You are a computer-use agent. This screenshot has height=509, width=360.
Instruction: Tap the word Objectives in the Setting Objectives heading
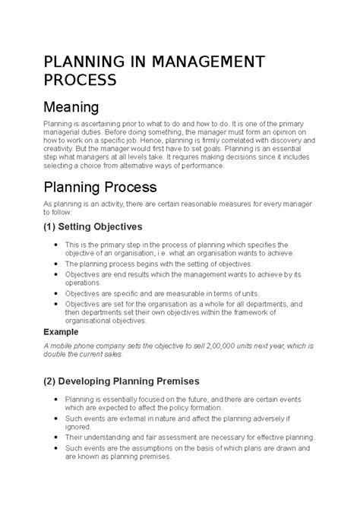pyautogui.click(x=125, y=226)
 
